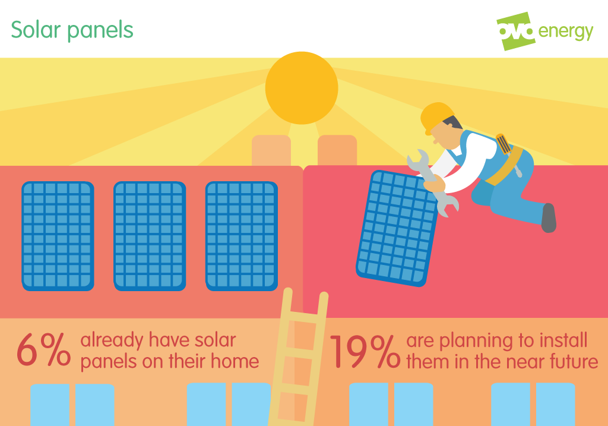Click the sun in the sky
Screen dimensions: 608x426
point(302,88)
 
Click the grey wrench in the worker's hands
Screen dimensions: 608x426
point(432,182)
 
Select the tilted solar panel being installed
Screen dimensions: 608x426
point(397,228)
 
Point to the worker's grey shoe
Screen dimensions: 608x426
point(549,217)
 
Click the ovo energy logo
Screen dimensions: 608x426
point(544,31)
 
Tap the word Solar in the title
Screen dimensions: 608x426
point(36,30)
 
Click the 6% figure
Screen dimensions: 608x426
point(43,350)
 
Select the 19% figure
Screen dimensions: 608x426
point(365,351)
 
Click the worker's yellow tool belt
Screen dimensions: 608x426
point(505,165)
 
